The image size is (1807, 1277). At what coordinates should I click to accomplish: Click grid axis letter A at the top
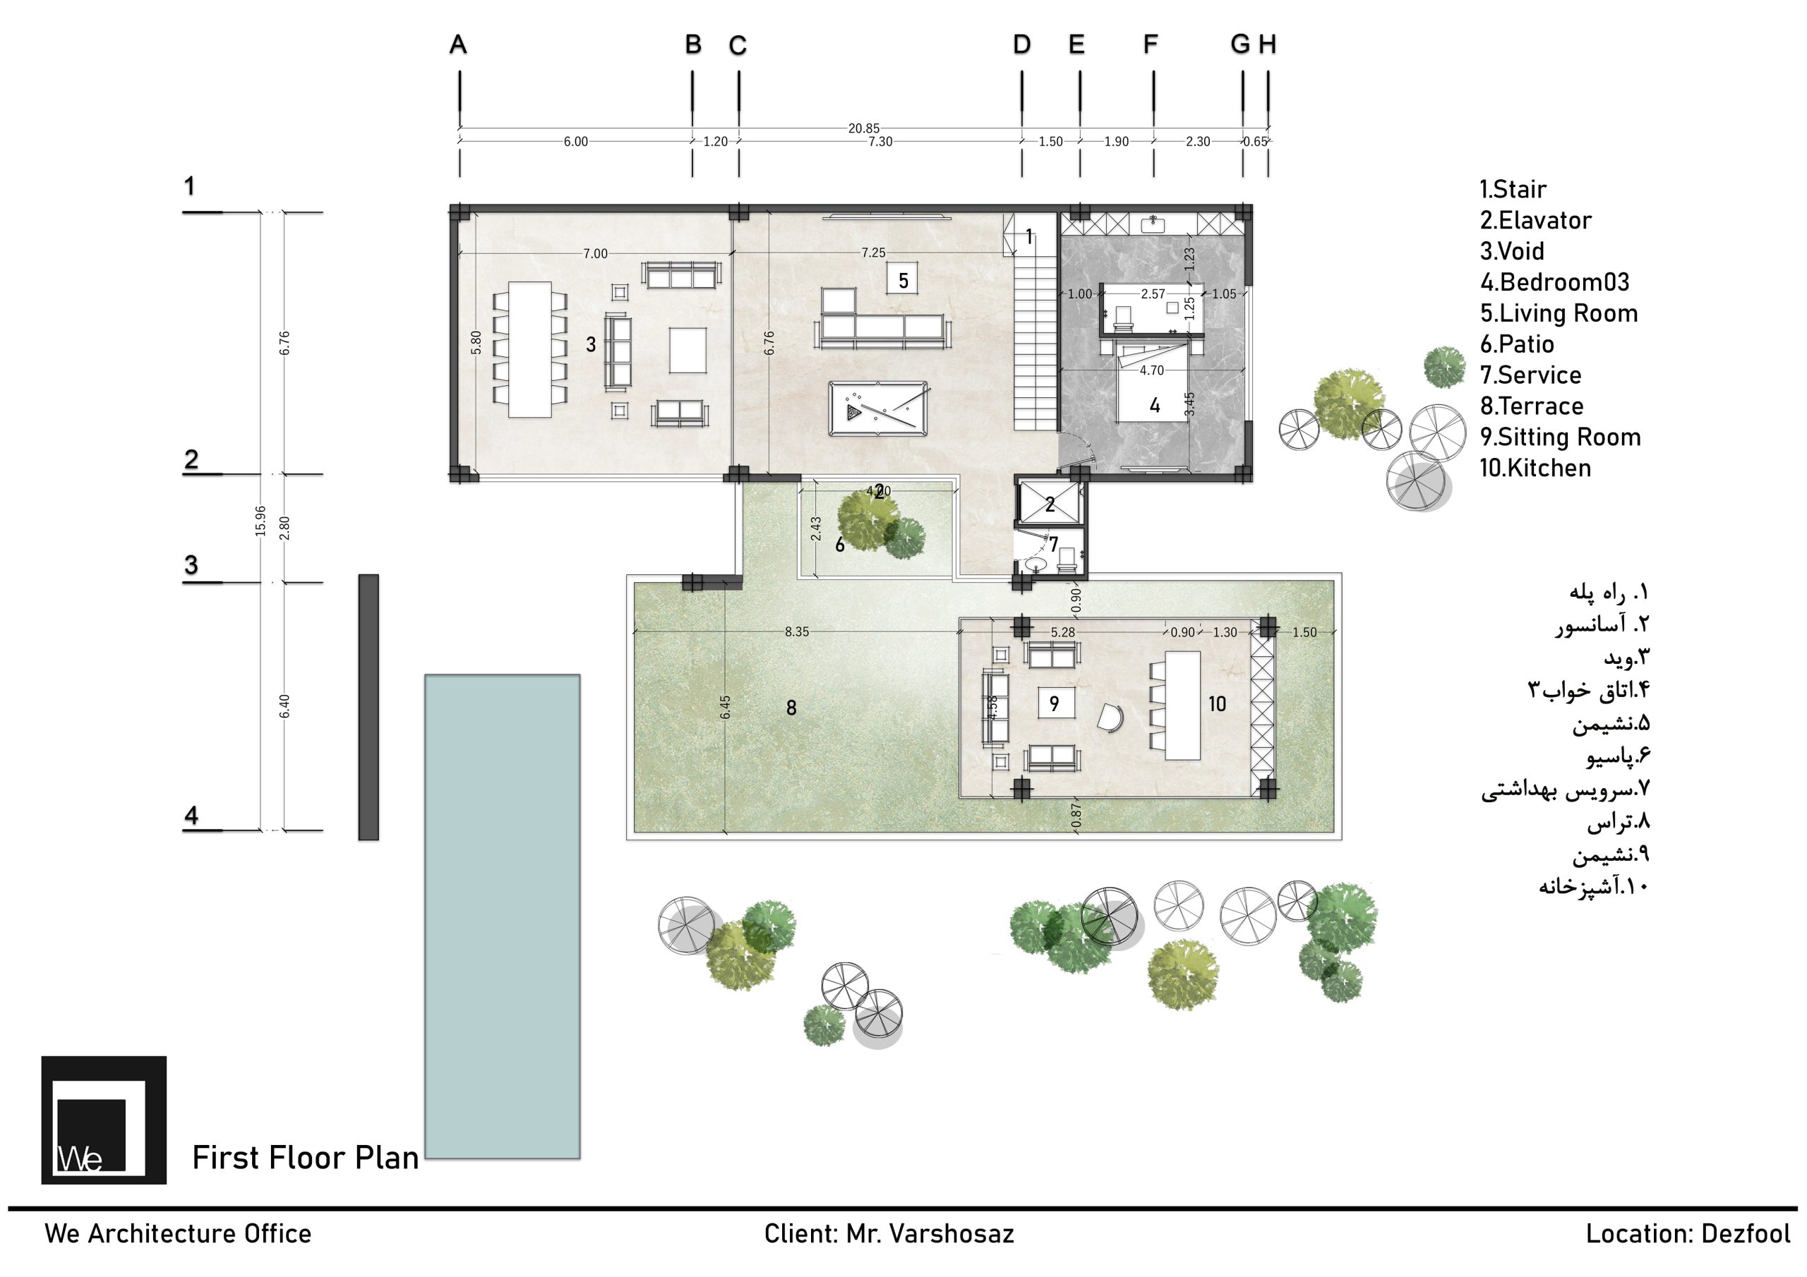(x=458, y=45)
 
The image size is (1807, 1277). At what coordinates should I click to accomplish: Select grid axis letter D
(x=1021, y=45)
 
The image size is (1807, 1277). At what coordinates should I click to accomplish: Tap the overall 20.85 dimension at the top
(x=863, y=128)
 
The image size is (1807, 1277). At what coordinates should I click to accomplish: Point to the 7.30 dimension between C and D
(x=880, y=142)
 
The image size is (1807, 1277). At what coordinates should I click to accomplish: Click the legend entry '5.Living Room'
(x=1559, y=313)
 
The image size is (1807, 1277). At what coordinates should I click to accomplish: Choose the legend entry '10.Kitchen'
(x=1535, y=468)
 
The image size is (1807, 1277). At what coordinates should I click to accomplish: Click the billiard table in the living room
(x=878, y=408)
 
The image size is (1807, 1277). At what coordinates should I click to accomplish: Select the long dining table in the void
(x=529, y=349)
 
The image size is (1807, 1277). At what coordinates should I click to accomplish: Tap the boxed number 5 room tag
(x=903, y=280)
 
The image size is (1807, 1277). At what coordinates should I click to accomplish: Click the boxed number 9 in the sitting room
(x=1054, y=703)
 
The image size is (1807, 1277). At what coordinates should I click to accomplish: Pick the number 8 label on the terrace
(x=792, y=708)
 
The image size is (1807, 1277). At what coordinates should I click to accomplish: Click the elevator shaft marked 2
(x=1050, y=503)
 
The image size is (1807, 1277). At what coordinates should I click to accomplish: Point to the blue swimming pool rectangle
(x=502, y=916)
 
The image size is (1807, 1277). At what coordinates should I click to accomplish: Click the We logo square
(x=104, y=1120)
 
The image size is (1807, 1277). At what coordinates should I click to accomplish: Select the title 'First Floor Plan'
(x=306, y=1157)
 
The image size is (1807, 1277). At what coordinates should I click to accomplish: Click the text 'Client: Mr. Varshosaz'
(x=889, y=1234)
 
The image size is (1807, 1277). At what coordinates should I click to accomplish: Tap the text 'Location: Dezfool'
(x=1688, y=1234)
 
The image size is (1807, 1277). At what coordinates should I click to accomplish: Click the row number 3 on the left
(x=191, y=564)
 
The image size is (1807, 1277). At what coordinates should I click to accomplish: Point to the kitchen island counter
(x=1182, y=705)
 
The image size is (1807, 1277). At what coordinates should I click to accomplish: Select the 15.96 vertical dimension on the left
(x=260, y=521)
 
